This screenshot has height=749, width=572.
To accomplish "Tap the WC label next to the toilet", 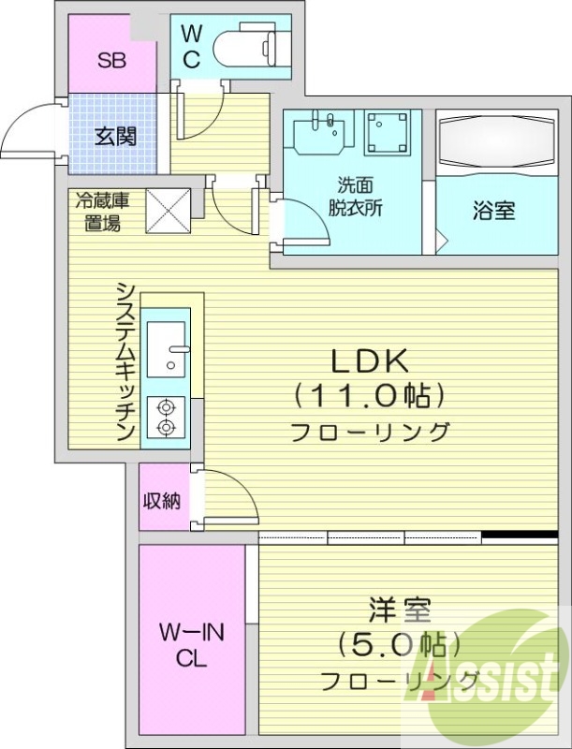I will [x=191, y=47].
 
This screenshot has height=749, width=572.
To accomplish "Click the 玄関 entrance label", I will [x=116, y=136].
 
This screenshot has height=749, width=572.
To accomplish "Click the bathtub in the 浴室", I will [x=495, y=142].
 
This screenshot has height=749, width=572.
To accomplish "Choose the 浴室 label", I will [x=493, y=211].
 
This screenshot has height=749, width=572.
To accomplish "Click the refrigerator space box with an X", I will [x=169, y=209].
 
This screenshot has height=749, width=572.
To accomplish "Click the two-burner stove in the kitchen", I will [x=168, y=419].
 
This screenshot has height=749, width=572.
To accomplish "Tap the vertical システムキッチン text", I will [x=125, y=361].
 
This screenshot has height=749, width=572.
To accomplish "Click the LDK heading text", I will [x=368, y=360].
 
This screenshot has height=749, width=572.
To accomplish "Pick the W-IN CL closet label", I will [x=191, y=645].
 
